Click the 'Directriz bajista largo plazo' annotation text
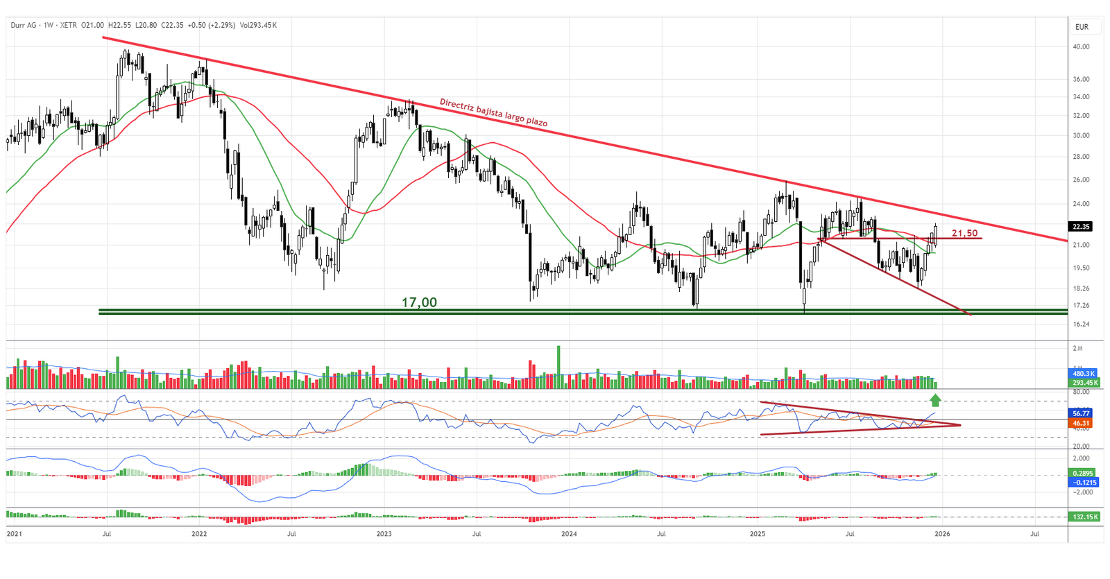coord(493,112)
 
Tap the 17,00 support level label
coord(419,302)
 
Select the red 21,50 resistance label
coord(964,233)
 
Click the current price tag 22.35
coord(1081,227)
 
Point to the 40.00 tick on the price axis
coord(1081,46)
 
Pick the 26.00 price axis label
coord(1081,180)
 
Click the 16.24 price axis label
coord(1081,324)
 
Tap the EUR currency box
coord(1082,27)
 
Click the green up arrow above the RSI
coord(935,400)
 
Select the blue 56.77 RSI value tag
coord(1082,413)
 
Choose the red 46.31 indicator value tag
coord(1082,423)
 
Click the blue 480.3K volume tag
coord(1084,373)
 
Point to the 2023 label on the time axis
coord(384,534)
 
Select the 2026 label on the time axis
coord(941,534)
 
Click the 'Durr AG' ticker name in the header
coord(24,25)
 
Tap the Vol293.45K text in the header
coord(258,25)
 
